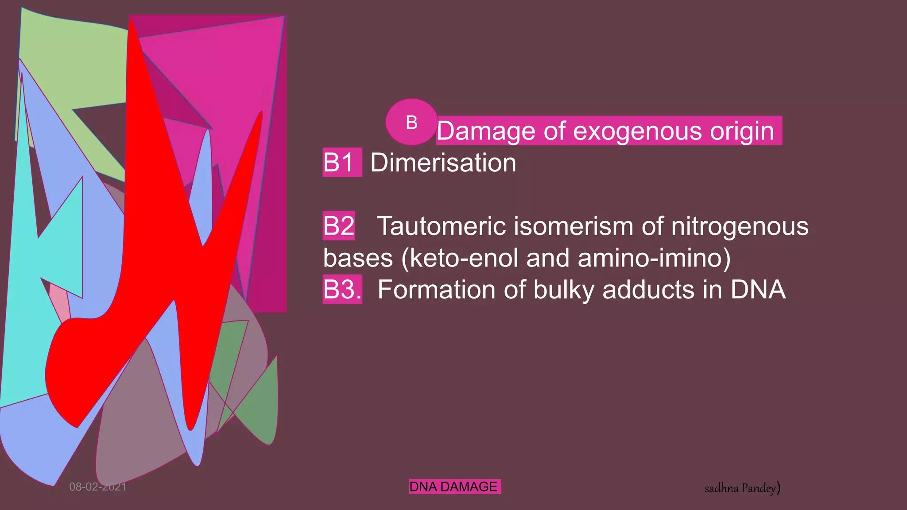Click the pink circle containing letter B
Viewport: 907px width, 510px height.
click(x=411, y=122)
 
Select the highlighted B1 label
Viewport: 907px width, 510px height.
click(x=341, y=162)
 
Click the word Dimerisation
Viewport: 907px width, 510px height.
click(x=443, y=162)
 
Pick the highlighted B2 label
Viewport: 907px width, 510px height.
click(x=339, y=226)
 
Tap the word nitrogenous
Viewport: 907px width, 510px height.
click(x=740, y=226)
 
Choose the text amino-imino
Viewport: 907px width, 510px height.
click(x=650, y=258)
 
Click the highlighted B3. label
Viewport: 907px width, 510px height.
click(x=342, y=290)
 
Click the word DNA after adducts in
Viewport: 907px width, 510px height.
click(x=758, y=290)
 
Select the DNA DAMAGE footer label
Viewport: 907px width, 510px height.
click(x=454, y=487)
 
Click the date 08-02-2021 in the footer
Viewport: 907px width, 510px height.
click(x=98, y=487)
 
